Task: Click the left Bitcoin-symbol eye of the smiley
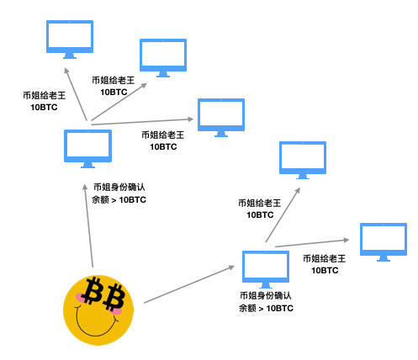(x=93, y=290)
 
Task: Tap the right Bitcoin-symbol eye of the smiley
(x=114, y=297)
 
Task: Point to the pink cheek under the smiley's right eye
(x=114, y=310)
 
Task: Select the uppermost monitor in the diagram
(x=70, y=40)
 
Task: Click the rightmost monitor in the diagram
(x=384, y=242)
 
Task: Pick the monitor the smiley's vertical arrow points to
(x=87, y=149)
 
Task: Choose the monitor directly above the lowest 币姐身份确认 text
(x=266, y=269)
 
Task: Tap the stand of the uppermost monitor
(x=70, y=56)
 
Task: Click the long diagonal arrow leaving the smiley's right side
(x=189, y=284)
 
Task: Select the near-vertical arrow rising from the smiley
(x=88, y=225)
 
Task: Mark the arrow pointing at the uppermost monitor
(x=75, y=94)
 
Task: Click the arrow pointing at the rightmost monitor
(x=312, y=243)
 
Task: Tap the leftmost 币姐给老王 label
(x=45, y=95)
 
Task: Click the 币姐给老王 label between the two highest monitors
(x=114, y=81)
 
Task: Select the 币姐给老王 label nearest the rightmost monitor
(x=325, y=258)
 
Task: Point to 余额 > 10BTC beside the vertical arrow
(x=119, y=200)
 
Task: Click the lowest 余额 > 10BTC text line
(x=266, y=308)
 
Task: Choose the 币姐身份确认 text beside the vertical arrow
(x=119, y=187)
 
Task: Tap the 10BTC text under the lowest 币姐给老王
(x=325, y=271)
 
